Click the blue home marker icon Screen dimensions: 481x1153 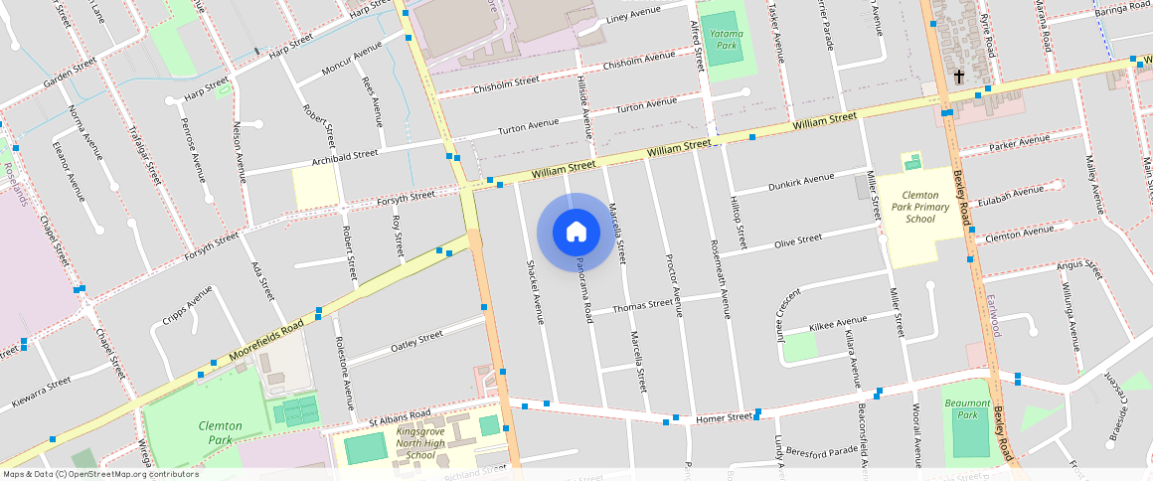pyautogui.click(x=576, y=233)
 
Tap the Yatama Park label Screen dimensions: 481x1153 pyautogui.click(x=726, y=39)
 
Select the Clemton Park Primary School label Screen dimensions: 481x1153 pyautogui.click(x=920, y=207)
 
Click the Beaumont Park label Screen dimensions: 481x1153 pyautogui.click(x=967, y=408)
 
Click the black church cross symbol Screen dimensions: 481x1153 pyautogui.click(x=959, y=77)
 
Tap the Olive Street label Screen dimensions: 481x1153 pyautogui.click(x=798, y=240)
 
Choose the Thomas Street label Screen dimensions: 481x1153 pyautogui.click(x=642, y=307)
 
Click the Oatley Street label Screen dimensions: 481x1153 pyautogui.click(x=416, y=340)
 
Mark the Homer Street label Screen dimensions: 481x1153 pyautogui.click(x=724, y=417)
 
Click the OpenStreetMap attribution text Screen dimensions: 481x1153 pyautogui.click(x=100, y=474)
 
